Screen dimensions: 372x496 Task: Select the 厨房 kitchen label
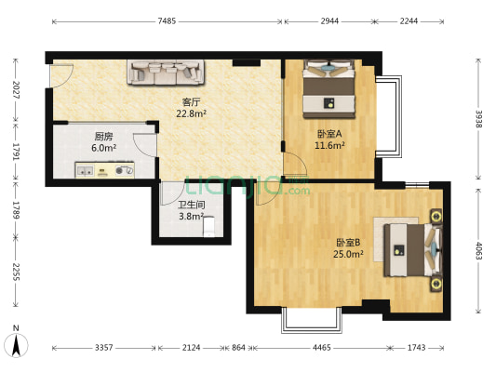tap(103, 136)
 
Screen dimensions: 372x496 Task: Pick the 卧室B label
tap(348, 243)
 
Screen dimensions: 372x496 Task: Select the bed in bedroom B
tap(407, 250)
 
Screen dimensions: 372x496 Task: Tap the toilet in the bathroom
tap(210, 225)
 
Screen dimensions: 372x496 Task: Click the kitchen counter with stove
tap(105, 170)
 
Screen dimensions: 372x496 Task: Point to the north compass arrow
tap(17, 343)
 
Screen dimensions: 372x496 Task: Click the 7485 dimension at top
tap(167, 20)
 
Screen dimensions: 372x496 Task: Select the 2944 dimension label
tap(329, 20)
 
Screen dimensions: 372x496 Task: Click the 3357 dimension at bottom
tap(103, 348)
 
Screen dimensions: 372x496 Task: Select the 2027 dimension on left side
tap(15, 89)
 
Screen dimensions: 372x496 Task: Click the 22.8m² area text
tap(192, 113)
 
